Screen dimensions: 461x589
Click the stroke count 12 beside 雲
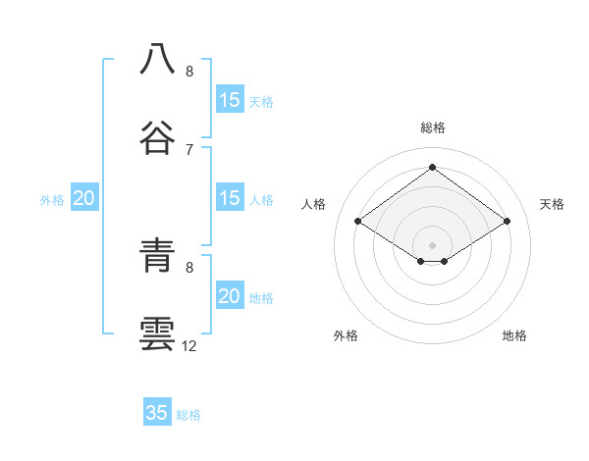pos(189,345)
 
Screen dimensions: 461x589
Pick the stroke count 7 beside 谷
pos(189,149)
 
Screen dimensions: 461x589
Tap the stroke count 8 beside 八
pos(189,71)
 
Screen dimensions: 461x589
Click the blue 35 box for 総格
pos(157,413)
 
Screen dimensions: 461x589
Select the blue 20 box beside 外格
pos(84,198)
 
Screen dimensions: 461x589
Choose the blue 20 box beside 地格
pos(229,296)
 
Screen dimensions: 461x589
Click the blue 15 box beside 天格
pos(229,100)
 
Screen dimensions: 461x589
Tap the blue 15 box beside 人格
pos(229,198)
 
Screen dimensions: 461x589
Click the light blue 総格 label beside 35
pos(188,415)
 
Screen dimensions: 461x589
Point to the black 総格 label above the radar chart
pos(433,128)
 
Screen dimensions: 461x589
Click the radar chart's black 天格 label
pos(552,204)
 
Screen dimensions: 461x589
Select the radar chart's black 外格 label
pos(346,335)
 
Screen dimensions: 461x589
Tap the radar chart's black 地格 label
pos(514,335)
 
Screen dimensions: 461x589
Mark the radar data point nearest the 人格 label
pos(358,222)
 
